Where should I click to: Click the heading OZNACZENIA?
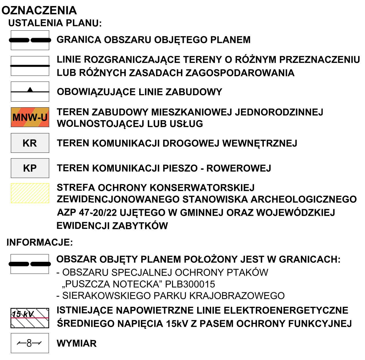[39, 11]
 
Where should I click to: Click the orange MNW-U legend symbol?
[30, 117]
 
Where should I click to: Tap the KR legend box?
[30, 143]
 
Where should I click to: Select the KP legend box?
[30, 168]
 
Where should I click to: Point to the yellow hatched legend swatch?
[30, 193]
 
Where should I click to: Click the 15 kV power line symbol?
[30, 318]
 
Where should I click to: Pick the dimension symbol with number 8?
[30, 343]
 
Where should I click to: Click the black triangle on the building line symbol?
[30, 90]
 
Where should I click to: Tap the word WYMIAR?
[77, 343]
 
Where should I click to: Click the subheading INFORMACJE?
[40, 242]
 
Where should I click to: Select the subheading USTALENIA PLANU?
[55, 23]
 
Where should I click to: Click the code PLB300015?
[190, 284]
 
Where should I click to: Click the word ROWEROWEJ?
[239, 168]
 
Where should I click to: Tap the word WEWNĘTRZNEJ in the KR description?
[260, 143]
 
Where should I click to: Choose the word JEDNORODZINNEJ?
[279, 112]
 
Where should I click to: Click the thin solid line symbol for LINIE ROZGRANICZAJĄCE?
[30, 66]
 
